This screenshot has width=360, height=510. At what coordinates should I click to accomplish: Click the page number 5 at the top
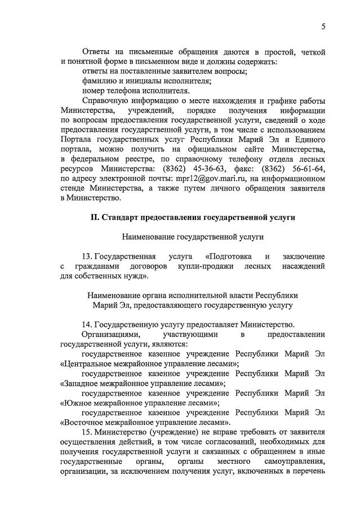click(323, 26)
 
